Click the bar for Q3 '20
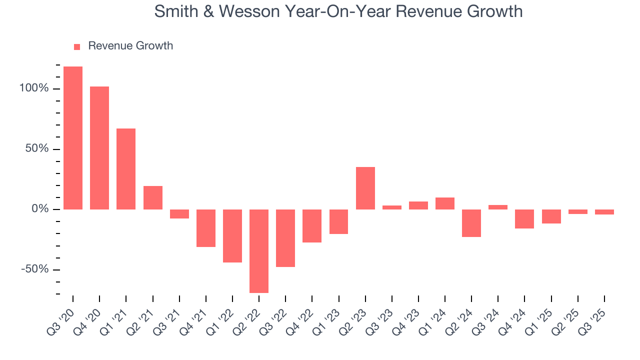tap(73, 137)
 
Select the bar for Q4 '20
tap(99, 148)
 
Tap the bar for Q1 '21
tap(126, 169)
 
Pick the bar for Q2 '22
tap(259, 251)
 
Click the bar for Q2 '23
tap(365, 188)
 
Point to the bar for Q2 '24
tap(471, 223)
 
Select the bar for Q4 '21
tap(206, 228)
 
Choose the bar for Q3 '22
tap(285, 238)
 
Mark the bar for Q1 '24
tap(445, 203)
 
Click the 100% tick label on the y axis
tap(34, 88)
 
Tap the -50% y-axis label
tap(35, 269)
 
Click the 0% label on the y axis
tap(40, 209)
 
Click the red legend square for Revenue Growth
tap(77, 46)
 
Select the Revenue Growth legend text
tap(130, 46)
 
